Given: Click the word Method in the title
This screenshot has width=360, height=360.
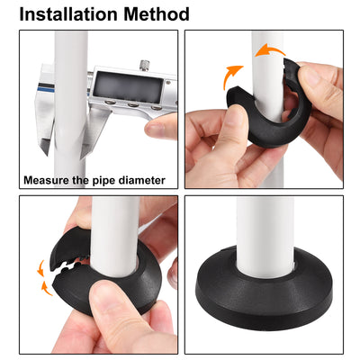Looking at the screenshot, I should pos(156,14).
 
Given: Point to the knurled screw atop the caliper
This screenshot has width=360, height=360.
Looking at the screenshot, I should pos(143,64).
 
